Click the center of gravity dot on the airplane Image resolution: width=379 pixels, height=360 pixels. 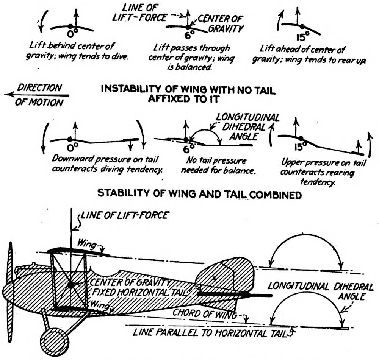click(71, 284)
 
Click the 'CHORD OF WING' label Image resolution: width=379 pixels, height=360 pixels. click(205, 314)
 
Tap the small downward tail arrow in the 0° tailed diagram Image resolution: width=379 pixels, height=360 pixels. click(130, 145)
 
